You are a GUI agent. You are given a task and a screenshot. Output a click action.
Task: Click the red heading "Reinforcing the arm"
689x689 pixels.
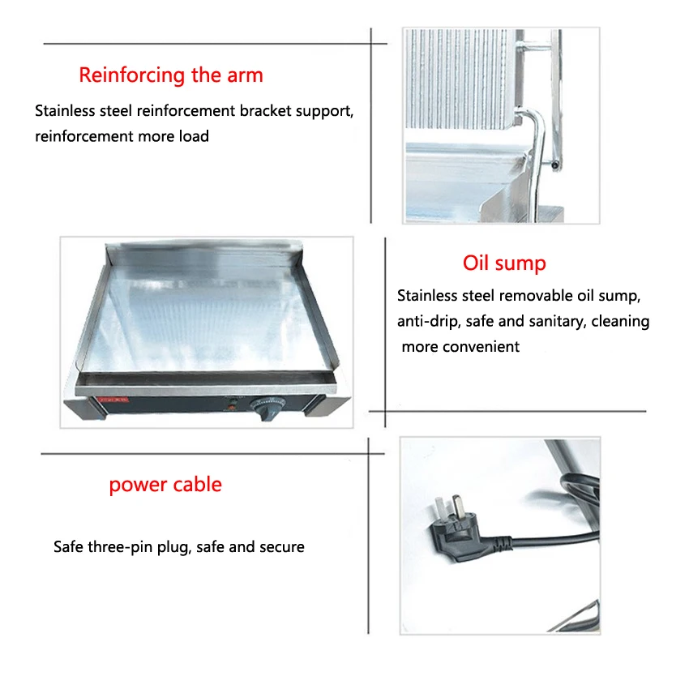coord(171,75)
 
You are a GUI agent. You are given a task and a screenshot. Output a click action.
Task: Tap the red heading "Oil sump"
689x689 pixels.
coord(504,263)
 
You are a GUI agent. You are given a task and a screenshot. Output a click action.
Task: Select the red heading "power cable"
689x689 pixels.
coord(165,485)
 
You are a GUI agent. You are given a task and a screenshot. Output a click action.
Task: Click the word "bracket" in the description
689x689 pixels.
coord(265,111)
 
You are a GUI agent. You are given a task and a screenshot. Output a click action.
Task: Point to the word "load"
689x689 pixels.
coord(194,136)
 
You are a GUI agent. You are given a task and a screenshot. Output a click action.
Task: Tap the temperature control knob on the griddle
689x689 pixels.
coord(267,409)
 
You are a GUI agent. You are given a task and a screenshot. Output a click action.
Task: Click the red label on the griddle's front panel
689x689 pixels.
coord(113,400)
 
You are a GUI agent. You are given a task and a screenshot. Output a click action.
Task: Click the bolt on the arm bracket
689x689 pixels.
coord(555,165)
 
